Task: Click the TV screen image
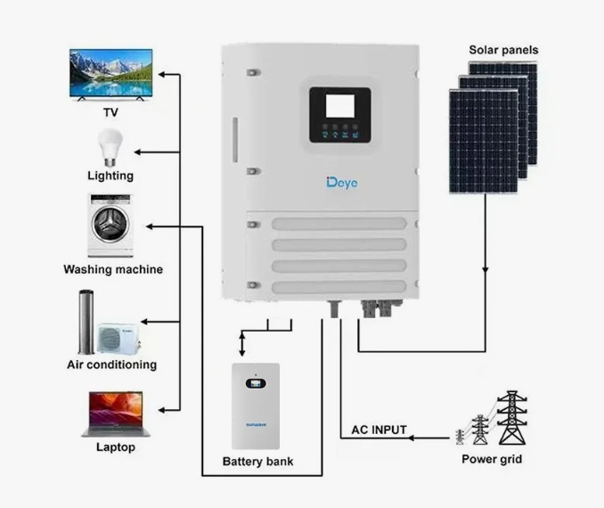pos(111,74)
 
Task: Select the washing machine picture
pos(110,225)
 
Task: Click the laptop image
pos(116,414)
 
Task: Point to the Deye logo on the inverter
pos(342,183)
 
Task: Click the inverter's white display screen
pos(340,105)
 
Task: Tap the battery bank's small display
pos(256,383)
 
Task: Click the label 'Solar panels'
pos(503,50)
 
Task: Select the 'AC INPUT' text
pos(379,430)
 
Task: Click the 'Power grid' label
pos(492,459)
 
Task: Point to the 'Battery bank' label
pos(257,462)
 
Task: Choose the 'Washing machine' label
pos(113,269)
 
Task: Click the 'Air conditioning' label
pos(111,365)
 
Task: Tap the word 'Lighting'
pos(110,176)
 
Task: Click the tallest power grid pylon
pos(512,418)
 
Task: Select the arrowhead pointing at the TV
pos(162,74)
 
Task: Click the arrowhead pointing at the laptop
pos(162,411)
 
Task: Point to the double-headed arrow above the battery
pos(242,344)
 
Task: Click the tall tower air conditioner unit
pos(86,322)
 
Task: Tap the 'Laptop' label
pos(116,447)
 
